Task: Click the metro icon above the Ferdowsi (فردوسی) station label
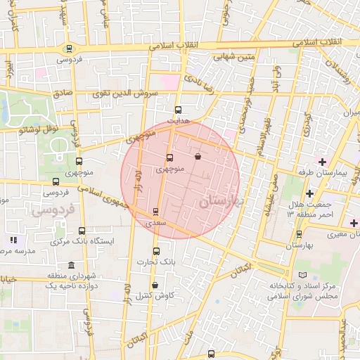pos(68,49)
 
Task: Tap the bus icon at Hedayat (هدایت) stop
pos(178,110)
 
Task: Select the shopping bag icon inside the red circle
pos(198,156)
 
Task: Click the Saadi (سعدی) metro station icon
pos(155,211)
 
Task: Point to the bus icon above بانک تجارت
pos(156,251)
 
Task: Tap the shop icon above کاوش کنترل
pos(154,285)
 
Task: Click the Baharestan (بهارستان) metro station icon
pos(300,234)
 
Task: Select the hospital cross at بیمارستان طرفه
pos(322,162)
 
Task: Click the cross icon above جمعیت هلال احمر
pos(309,193)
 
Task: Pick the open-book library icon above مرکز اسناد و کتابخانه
pos(303,274)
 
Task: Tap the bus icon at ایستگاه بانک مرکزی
pos(82,231)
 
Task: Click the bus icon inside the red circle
pos(169,158)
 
